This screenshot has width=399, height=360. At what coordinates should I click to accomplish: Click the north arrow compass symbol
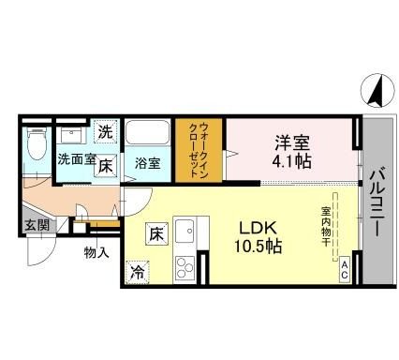point(375,91)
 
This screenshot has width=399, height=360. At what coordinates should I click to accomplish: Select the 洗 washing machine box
point(106,132)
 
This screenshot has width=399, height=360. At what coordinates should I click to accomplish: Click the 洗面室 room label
point(77,159)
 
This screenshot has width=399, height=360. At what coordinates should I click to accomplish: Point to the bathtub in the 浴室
point(147,132)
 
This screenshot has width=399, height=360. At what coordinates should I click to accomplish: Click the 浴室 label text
point(147,163)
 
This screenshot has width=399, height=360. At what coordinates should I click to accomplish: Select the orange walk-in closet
point(199,150)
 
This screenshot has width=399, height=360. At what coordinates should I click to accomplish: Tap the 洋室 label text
point(292,142)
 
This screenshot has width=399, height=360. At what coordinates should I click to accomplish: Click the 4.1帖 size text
point(291,161)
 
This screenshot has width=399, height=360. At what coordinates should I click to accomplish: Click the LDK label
point(258,229)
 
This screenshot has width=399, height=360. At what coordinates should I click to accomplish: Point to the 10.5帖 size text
point(259,247)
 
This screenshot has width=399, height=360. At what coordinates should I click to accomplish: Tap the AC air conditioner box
point(345,270)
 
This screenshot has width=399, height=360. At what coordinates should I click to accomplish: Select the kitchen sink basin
point(185,231)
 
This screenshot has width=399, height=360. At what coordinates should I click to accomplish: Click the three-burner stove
point(185,267)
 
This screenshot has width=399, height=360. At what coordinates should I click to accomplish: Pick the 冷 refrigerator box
point(137,273)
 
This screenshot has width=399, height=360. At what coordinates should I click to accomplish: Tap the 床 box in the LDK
point(156,233)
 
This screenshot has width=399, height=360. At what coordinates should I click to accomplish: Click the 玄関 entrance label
point(37,225)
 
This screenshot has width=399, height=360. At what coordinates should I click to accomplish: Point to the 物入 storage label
point(96,252)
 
